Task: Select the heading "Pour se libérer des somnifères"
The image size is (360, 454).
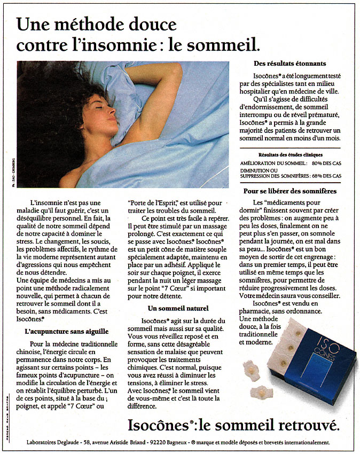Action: point(290,191)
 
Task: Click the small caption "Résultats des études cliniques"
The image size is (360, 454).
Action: point(290,153)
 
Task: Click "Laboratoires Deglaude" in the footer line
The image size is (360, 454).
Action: point(53,442)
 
